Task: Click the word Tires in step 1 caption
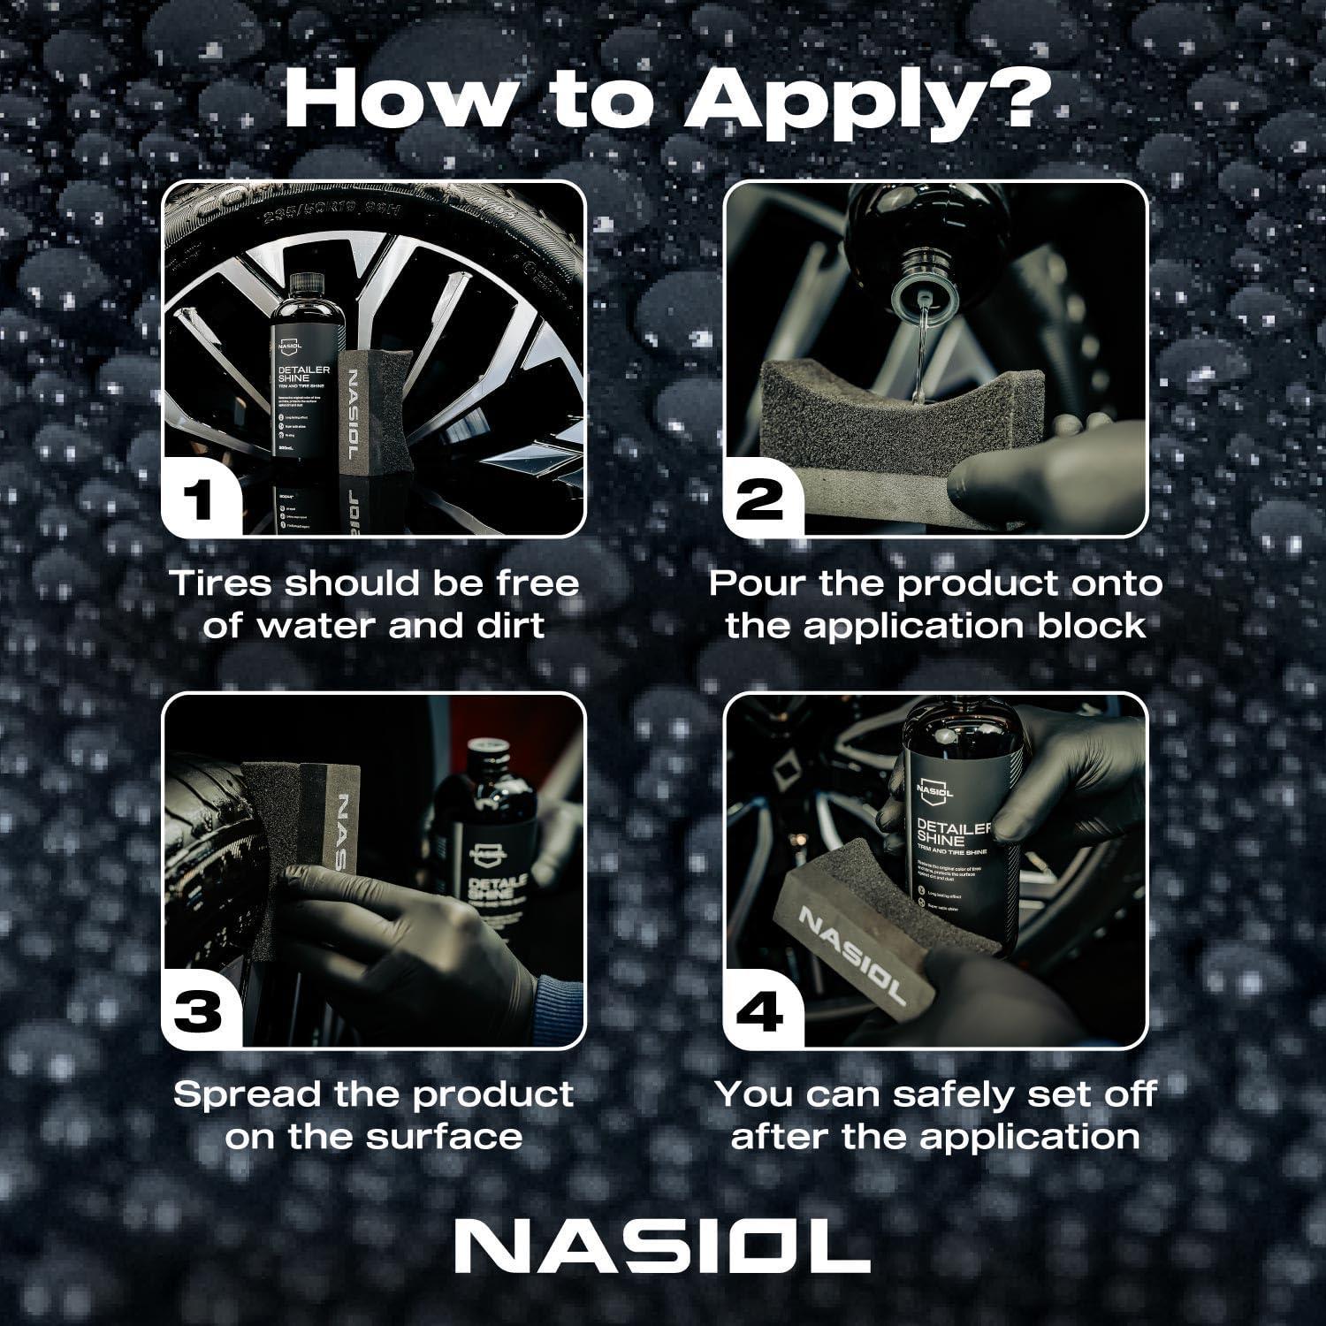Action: (x=222, y=583)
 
